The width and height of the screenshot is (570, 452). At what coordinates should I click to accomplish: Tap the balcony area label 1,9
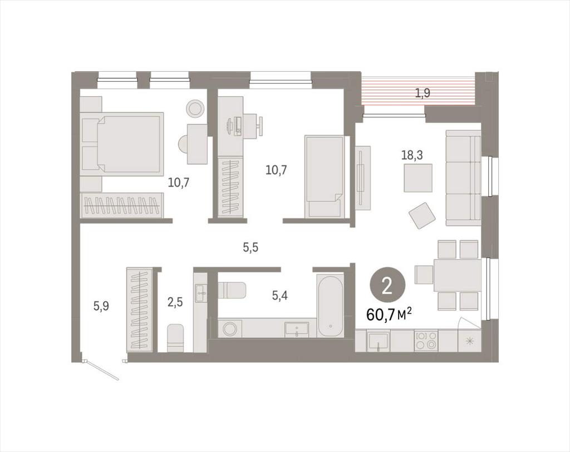[x=423, y=94]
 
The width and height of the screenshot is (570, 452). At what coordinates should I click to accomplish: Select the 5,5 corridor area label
[x=250, y=248]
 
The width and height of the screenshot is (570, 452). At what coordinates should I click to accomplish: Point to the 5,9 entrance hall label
[x=101, y=306]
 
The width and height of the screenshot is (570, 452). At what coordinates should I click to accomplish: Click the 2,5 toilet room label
[x=175, y=302]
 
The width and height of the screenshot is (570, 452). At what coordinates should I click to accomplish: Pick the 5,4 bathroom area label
[x=280, y=296]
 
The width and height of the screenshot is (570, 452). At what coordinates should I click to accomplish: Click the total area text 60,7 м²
[x=389, y=314]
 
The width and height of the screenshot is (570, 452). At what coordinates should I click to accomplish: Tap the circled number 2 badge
[x=387, y=287]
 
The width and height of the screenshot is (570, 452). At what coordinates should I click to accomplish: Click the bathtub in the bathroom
[x=330, y=307]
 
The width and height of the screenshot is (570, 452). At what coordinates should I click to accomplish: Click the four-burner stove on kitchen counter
[x=426, y=340]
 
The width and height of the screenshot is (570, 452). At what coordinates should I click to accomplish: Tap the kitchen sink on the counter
[x=378, y=341]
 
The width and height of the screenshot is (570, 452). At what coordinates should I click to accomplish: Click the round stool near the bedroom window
[x=195, y=108]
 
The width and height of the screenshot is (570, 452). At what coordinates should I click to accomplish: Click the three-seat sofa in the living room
[x=463, y=178]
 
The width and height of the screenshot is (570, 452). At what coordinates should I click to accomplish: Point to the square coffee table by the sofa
[x=418, y=178]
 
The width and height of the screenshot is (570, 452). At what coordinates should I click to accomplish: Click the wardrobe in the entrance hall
[x=140, y=309]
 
